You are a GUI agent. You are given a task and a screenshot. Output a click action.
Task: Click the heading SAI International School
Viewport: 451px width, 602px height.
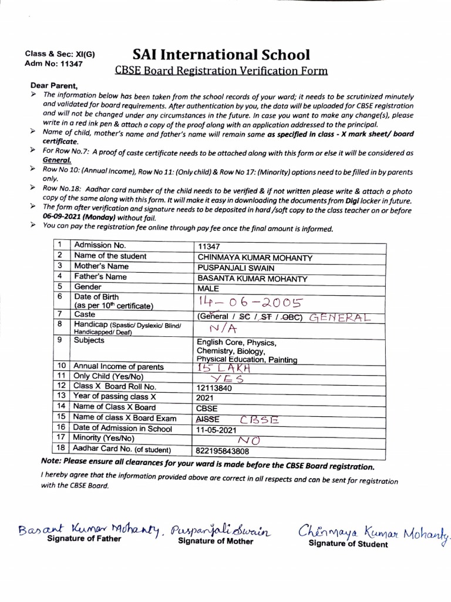tap(221, 55)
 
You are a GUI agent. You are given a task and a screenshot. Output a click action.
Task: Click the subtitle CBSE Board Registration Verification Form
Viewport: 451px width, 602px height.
tap(221, 72)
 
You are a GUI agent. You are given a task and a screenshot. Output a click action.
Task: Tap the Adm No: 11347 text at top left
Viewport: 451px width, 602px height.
tap(49, 63)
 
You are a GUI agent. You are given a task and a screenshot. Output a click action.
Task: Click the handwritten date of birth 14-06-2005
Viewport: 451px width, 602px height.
tap(251, 303)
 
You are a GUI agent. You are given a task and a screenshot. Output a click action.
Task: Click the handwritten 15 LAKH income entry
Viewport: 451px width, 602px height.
tap(225, 367)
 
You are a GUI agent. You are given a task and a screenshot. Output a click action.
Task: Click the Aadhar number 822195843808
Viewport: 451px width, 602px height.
tap(224, 451)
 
